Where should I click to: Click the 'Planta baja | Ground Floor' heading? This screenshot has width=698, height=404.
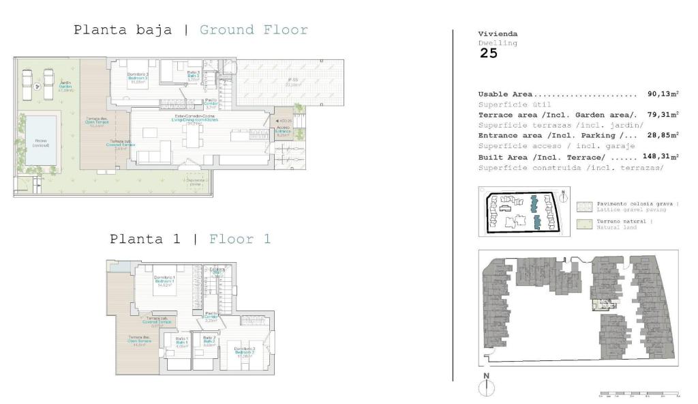[190, 30]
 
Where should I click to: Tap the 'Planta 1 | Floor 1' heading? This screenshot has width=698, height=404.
[190, 239]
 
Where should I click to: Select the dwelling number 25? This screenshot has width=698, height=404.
[488, 53]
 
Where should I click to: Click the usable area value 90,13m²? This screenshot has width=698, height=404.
[663, 94]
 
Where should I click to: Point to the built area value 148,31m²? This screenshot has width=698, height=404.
[661, 156]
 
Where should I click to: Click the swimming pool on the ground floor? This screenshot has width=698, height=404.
[41, 140]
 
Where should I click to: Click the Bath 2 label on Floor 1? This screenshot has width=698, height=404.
[209, 340]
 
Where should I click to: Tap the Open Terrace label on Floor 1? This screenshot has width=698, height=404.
[140, 343]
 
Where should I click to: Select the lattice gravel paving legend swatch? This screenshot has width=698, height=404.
[585, 207]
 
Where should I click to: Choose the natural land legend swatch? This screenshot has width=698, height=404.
[585, 224]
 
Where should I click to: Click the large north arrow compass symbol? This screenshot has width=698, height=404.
[486, 386]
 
